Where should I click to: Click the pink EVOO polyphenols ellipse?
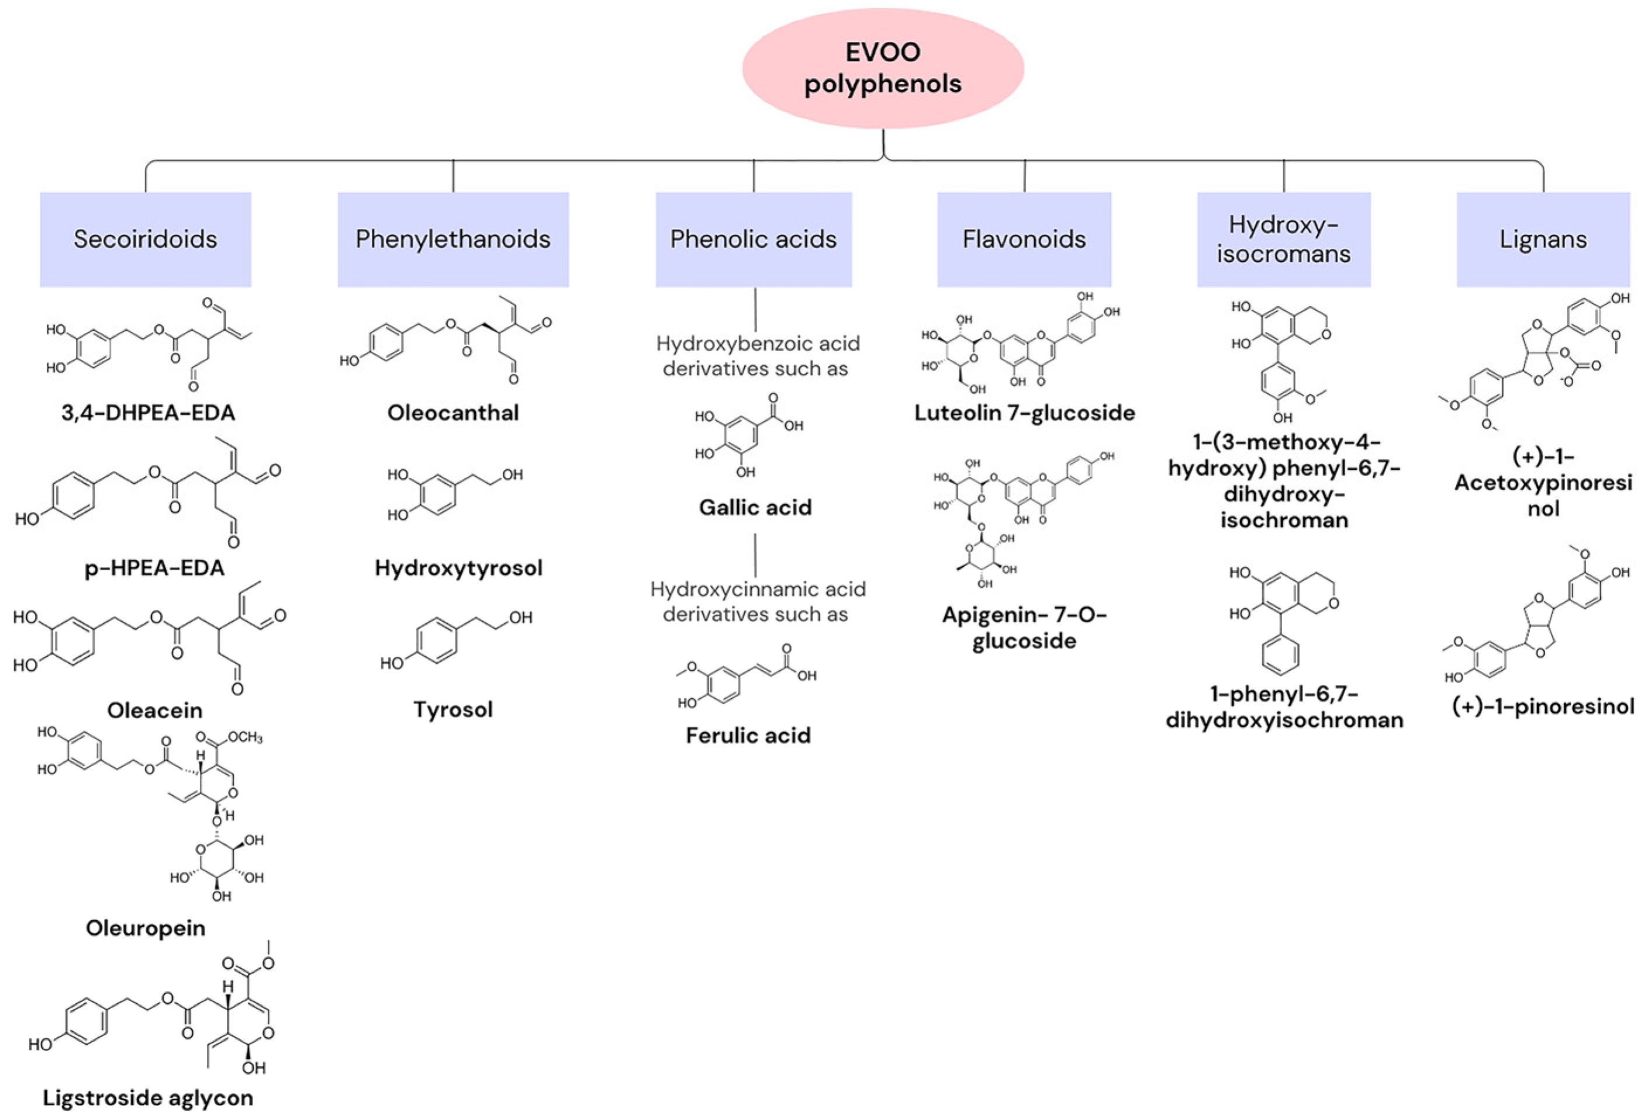pyautogui.click(x=883, y=68)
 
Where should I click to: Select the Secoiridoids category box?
pyautogui.click(x=146, y=240)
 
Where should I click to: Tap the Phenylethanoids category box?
pyautogui.click(x=452, y=240)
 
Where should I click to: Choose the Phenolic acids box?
pyautogui.click(x=754, y=240)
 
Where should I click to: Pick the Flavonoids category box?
pyautogui.click(x=1024, y=240)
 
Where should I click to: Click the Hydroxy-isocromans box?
pyautogui.click(x=1283, y=240)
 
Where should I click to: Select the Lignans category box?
pyautogui.click(x=1543, y=240)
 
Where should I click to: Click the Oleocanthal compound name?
pyautogui.click(x=452, y=413)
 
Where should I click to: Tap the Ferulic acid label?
pyautogui.click(x=748, y=736)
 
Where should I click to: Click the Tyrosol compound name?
pyautogui.click(x=452, y=709)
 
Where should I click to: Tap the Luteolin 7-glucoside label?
pyautogui.click(x=1024, y=413)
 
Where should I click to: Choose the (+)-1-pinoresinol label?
pyautogui.click(x=1543, y=706)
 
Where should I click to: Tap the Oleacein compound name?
pyautogui.click(x=155, y=710)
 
